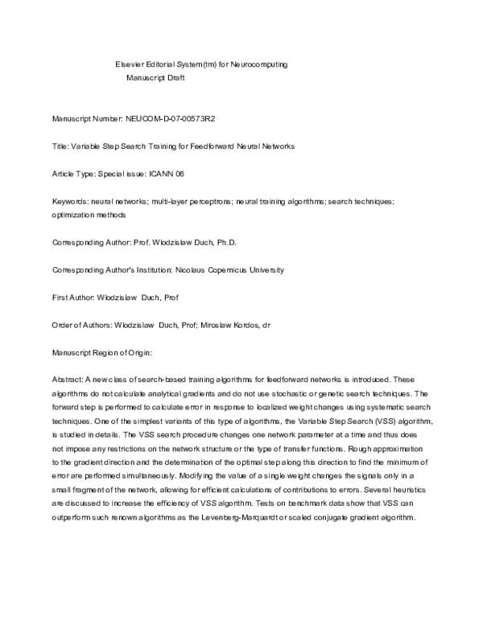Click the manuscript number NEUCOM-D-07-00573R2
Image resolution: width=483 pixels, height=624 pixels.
171,119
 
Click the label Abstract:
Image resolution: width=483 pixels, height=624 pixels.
69,380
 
